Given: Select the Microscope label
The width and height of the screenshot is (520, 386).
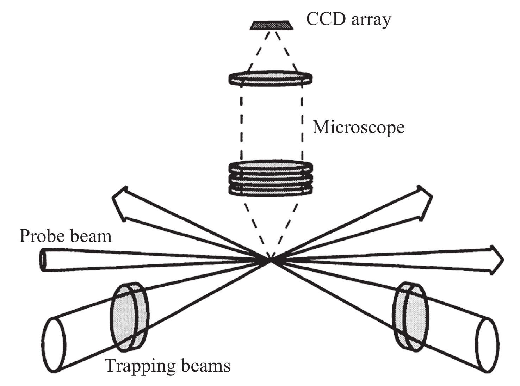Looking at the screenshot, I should tap(359, 127).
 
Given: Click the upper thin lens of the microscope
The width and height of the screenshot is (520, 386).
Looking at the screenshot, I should tap(271, 78).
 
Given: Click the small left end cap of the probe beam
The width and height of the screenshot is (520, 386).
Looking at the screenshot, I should tap(43, 260).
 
